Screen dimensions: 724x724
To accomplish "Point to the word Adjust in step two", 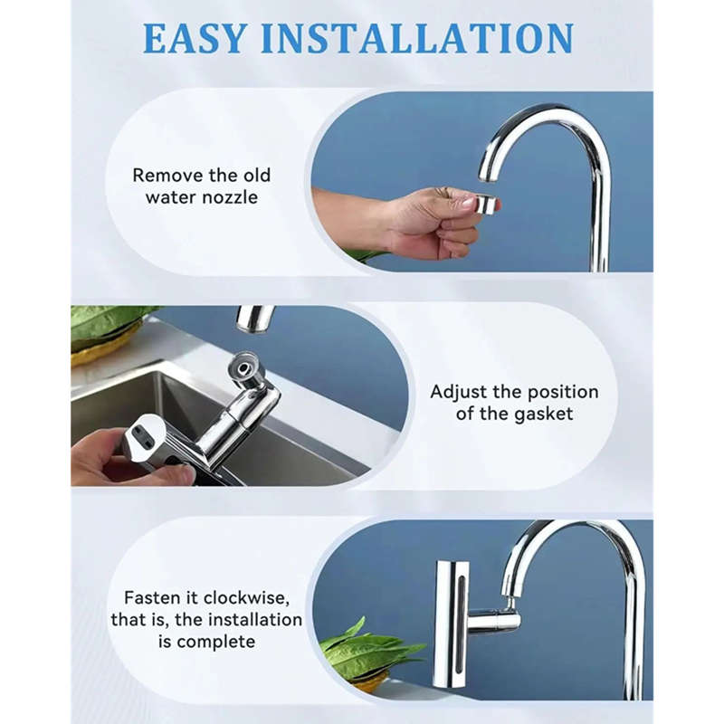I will pyautogui.click(x=462, y=392).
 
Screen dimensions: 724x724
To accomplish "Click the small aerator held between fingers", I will pyautogui.click(x=487, y=205).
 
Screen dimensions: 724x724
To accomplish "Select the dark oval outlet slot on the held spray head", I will pyautogui.click(x=140, y=434).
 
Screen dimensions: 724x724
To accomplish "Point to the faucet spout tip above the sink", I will pyautogui.click(x=255, y=319).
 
